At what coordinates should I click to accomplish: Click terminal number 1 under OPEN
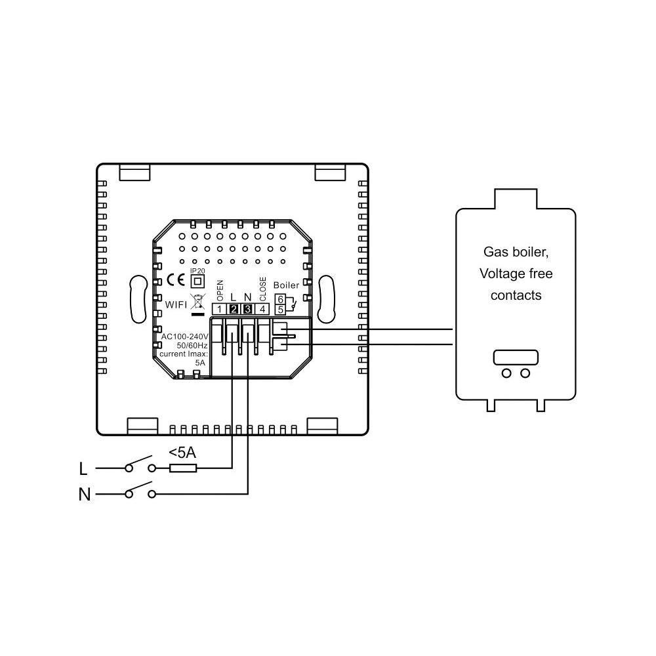pyautogui.click(x=219, y=309)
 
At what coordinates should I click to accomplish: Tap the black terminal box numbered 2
pyautogui.click(x=234, y=309)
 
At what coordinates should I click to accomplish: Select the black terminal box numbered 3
pyautogui.click(x=248, y=309)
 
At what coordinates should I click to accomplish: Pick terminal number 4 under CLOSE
pyautogui.click(x=262, y=309)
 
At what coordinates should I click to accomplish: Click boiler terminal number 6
pyautogui.click(x=280, y=299)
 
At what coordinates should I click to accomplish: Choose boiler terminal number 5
pyautogui.click(x=280, y=310)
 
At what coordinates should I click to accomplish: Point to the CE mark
pyautogui.click(x=175, y=280)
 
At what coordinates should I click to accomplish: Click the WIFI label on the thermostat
pyautogui.click(x=176, y=304)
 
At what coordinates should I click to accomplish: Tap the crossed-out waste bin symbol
pyautogui.click(x=198, y=302)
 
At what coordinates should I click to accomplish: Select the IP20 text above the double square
pyautogui.click(x=197, y=271)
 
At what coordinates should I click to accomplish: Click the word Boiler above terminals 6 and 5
pyautogui.click(x=286, y=285)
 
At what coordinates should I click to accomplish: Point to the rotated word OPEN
pyautogui.click(x=220, y=291)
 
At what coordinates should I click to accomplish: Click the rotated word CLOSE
pyautogui.click(x=263, y=289)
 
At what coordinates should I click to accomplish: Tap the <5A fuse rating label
pyautogui.click(x=182, y=452)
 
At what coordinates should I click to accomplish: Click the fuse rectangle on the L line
pyautogui.click(x=183, y=468)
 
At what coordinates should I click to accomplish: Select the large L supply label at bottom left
pyautogui.click(x=83, y=469)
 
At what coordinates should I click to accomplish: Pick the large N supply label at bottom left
pyautogui.click(x=85, y=495)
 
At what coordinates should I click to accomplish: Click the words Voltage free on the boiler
pyautogui.click(x=516, y=274)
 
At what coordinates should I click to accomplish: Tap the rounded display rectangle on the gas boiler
pyautogui.click(x=516, y=358)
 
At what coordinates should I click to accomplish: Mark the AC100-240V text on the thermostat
pyautogui.click(x=184, y=337)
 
